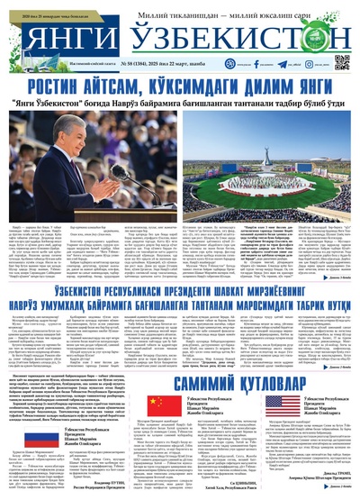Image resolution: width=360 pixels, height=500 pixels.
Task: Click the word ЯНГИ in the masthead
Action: point(67,38)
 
